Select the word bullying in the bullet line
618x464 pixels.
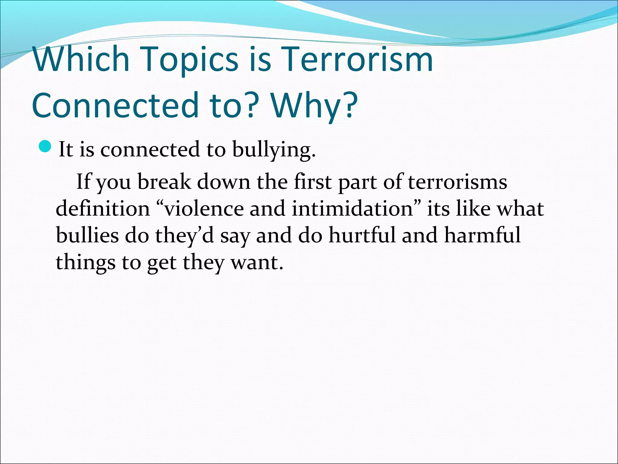[x=273, y=149]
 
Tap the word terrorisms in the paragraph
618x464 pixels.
[x=457, y=182]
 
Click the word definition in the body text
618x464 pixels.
[x=103, y=208]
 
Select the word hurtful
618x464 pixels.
[x=362, y=235]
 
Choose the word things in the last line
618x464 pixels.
[x=85, y=262]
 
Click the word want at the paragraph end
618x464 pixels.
[x=256, y=262]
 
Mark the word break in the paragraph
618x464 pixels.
[x=164, y=182]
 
